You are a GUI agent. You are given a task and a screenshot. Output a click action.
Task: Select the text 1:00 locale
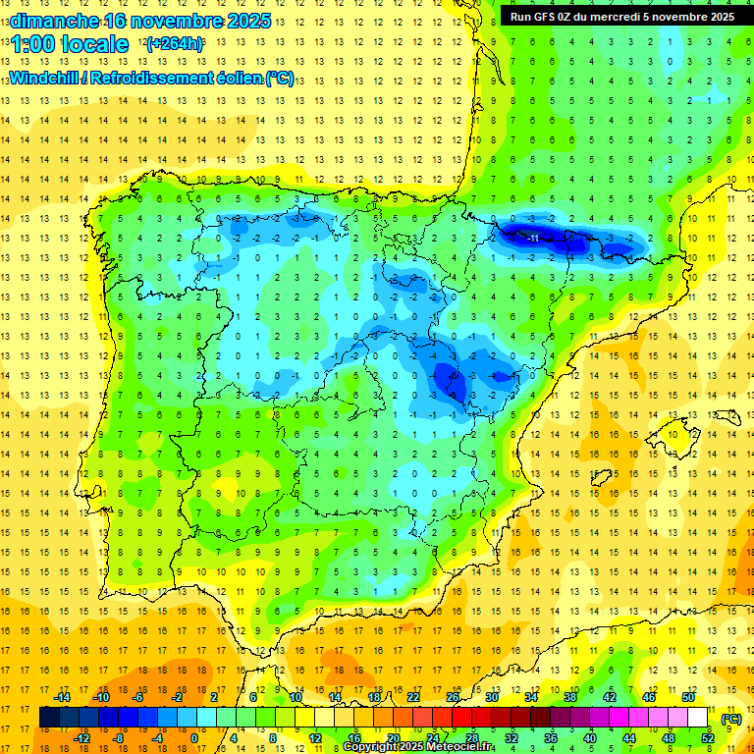69,44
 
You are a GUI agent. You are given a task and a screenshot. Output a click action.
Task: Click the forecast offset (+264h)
175,44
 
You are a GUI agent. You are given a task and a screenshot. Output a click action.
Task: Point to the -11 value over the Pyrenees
531,238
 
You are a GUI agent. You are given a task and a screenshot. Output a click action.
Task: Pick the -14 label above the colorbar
63,697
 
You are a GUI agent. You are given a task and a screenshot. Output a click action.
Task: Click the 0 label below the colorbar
194,738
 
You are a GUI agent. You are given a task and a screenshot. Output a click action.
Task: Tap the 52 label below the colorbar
709,738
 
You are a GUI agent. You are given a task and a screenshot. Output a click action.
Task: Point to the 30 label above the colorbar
491,697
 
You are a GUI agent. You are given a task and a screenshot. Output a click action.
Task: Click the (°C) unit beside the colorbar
731,718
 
